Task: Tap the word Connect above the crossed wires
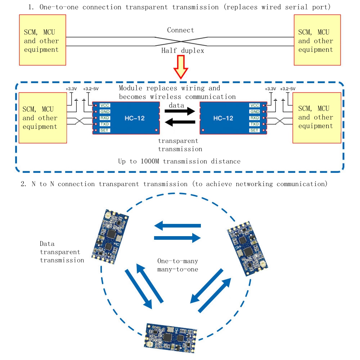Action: click(x=180, y=30)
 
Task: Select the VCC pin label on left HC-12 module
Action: click(x=105, y=105)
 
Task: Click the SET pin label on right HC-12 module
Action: click(x=254, y=130)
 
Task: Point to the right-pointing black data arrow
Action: click(x=180, y=111)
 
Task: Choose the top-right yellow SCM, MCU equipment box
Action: click(x=317, y=40)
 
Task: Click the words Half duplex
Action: click(x=183, y=51)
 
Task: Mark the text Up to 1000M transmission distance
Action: click(x=179, y=161)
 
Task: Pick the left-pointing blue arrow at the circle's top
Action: click(x=177, y=226)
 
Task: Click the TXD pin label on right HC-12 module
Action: click(x=254, y=124)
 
